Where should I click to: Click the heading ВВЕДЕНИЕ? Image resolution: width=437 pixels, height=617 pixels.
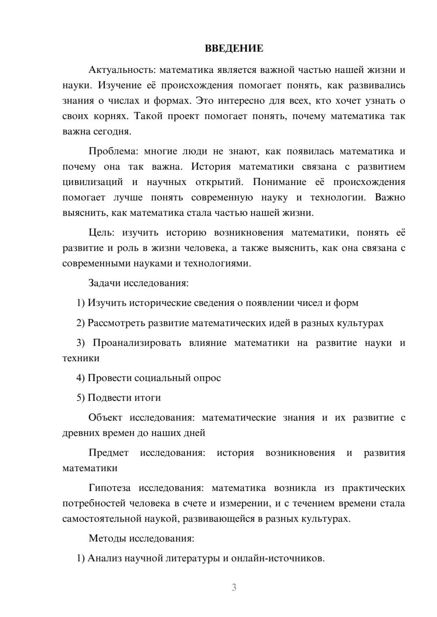click(x=234, y=48)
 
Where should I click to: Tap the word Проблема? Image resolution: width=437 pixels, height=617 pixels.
click(x=113, y=151)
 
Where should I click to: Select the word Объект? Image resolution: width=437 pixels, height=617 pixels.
click(x=105, y=418)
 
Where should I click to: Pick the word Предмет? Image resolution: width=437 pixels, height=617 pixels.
click(x=108, y=452)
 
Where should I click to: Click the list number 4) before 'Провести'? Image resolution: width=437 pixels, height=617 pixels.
click(x=80, y=378)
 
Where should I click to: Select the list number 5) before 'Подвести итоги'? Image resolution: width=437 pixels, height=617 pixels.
click(x=80, y=398)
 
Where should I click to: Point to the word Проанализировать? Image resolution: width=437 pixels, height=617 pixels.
click(x=137, y=343)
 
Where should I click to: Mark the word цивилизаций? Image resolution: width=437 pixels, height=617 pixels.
click(x=92, y=182)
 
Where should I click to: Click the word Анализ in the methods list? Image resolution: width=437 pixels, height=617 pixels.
click(x=104, y=558)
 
